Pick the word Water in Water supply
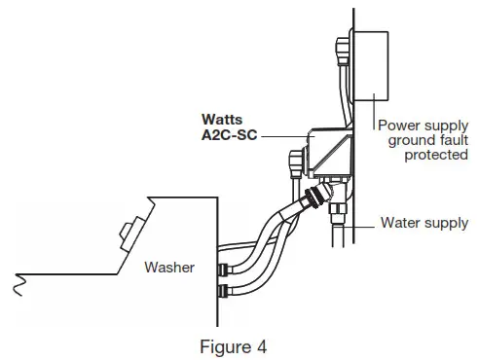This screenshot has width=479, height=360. pos(399,224)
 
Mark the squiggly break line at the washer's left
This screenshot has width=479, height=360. pos(16,283)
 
